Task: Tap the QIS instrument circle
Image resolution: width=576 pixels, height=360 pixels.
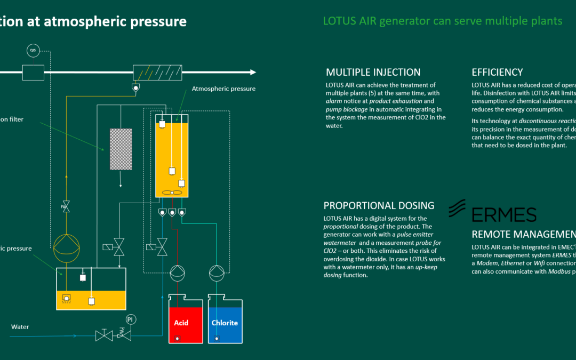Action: pyautogui.click(x=33, y=51)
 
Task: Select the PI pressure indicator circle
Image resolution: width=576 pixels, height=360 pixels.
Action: pyautogui.click(x=130, y=319)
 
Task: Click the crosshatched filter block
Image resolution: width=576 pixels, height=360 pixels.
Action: pyautogui.click(x=121, y=149)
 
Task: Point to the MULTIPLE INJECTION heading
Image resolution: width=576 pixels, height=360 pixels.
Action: pyautogui.click(x=373, y=73)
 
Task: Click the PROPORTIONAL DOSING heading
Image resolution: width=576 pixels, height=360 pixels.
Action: pyautogui.click(x=379, y=206)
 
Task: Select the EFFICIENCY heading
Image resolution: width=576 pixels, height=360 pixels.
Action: pyautogui.click(x=497, y=73)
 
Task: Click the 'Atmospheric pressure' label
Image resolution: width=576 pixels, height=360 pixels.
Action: pyautogui.click(x=223, y=89)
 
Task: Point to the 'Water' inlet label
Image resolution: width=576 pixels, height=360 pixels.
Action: pyautogui.click(x=20, y=326)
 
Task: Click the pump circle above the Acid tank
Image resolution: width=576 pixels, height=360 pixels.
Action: pyautogui.click(x=178, y=273)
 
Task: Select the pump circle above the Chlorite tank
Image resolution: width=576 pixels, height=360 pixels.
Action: pyautogui.click(x=217, y=273)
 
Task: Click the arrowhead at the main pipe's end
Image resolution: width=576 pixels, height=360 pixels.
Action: pyautogui.click(x=253, y=72)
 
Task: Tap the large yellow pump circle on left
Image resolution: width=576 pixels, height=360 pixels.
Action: pyautogui.click(x=66, y=246)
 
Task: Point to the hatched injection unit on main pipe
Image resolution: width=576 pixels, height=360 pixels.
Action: pyautogui.click(x=157, y=73)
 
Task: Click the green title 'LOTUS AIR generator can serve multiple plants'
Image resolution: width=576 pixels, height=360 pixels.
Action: pyautogui.click(x=442, y=21)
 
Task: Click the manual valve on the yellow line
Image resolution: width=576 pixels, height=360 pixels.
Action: pyautogui.click(x=66, y=207)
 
